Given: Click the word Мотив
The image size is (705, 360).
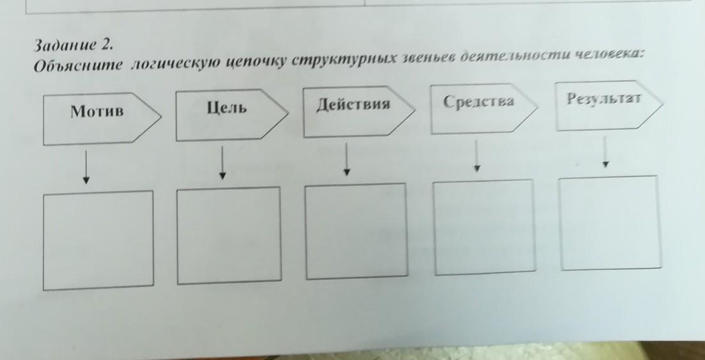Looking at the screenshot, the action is tap(97, 111).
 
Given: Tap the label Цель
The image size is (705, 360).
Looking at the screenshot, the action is tap(227, 108).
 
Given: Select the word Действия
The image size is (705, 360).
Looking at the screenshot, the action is tap(353, 104).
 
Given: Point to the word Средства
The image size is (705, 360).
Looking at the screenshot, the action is tap(478, 101).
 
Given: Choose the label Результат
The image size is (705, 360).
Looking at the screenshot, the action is tap(603, 98).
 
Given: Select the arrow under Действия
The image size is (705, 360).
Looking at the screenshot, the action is tap(346, 159).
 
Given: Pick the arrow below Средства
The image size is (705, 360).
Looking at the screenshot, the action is tap(477, 155).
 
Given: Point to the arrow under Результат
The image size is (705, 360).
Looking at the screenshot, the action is tap(606, 152).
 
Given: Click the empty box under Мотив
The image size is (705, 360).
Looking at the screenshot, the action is tap(98, 240).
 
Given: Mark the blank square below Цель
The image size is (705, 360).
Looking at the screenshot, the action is tap(229, 236).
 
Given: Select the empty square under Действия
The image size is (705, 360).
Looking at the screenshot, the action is tap(357, 231).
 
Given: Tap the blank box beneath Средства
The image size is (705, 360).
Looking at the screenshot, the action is tap(484, 227).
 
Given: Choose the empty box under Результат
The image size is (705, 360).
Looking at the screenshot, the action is tap(610, 223).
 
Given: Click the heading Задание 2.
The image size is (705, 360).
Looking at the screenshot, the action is tap(74, 45).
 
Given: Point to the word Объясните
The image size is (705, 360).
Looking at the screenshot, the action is tap(78, 65).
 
